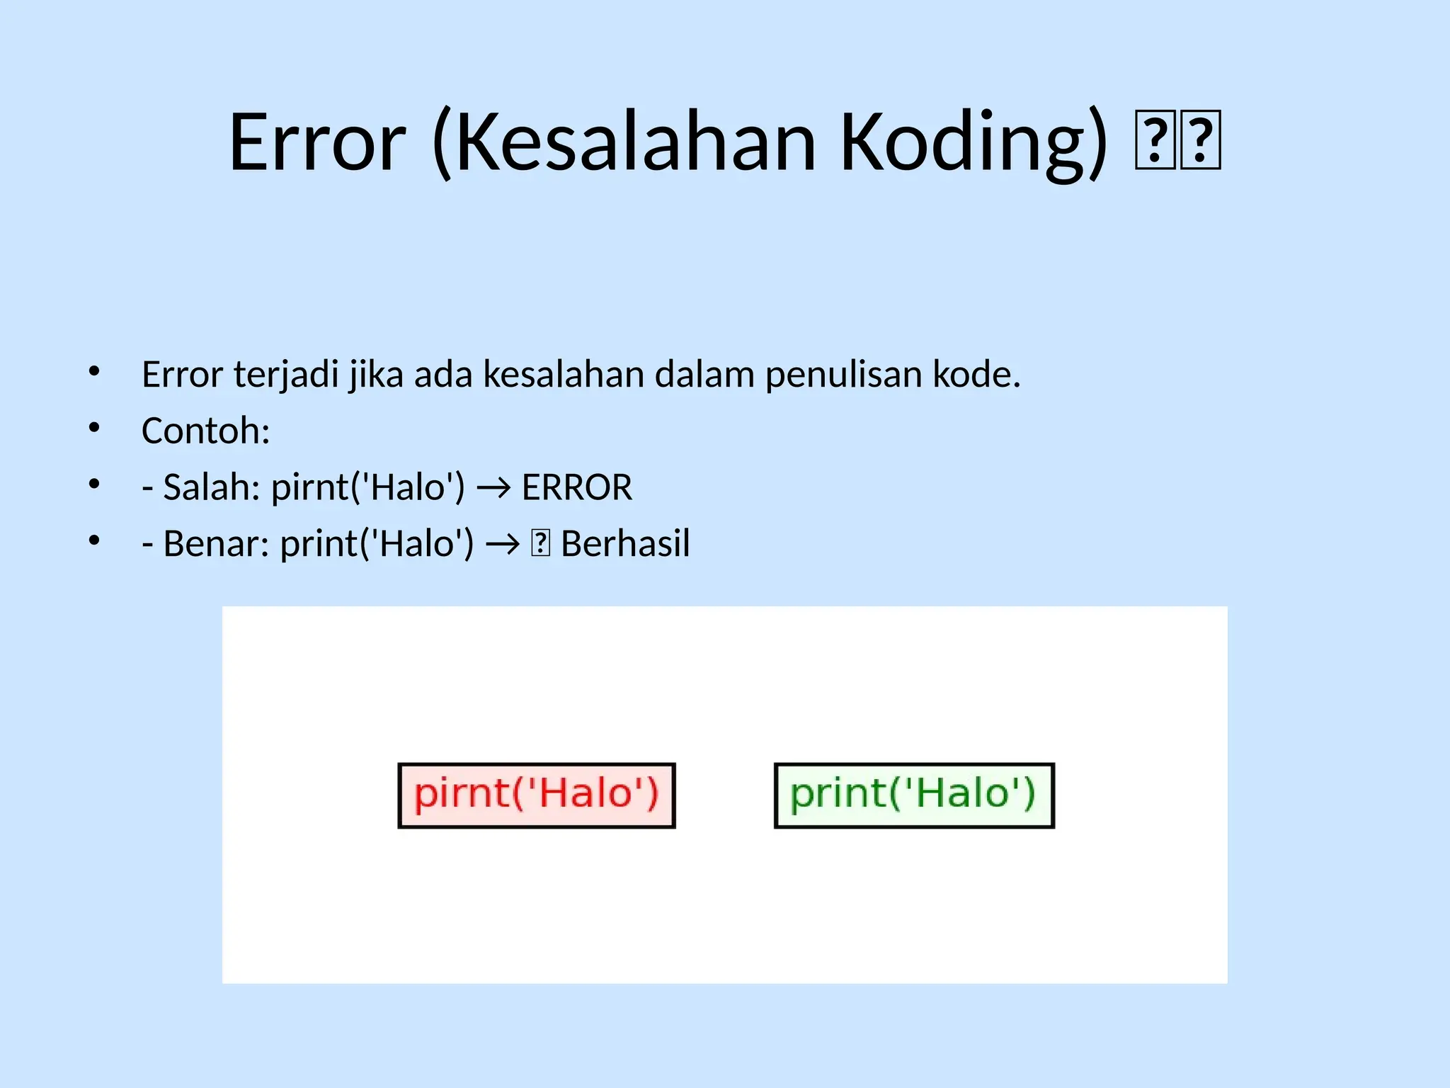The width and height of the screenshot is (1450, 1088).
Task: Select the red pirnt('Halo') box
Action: (537, 795)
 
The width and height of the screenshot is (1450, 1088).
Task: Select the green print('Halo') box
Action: (914, 795)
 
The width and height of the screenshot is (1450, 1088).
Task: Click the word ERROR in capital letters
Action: (577, 487)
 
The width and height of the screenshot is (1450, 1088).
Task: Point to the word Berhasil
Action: (625, 544)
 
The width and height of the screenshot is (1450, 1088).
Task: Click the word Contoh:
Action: (206, 431)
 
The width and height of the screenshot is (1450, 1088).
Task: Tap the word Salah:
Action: (212, 487)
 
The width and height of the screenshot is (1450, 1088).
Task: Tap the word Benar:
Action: (216, 544)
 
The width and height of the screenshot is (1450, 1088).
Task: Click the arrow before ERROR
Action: (493, 488)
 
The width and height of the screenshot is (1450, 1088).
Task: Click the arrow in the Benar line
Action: (503, 545)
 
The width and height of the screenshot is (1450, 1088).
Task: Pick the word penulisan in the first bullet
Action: (843, 374)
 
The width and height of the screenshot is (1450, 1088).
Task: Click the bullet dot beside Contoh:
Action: (94, 428)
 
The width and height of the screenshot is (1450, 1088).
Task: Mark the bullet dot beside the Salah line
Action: (94, 484)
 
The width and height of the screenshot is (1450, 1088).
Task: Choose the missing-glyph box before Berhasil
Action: (540, 544)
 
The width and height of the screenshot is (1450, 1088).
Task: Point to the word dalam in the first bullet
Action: (704, 374)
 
